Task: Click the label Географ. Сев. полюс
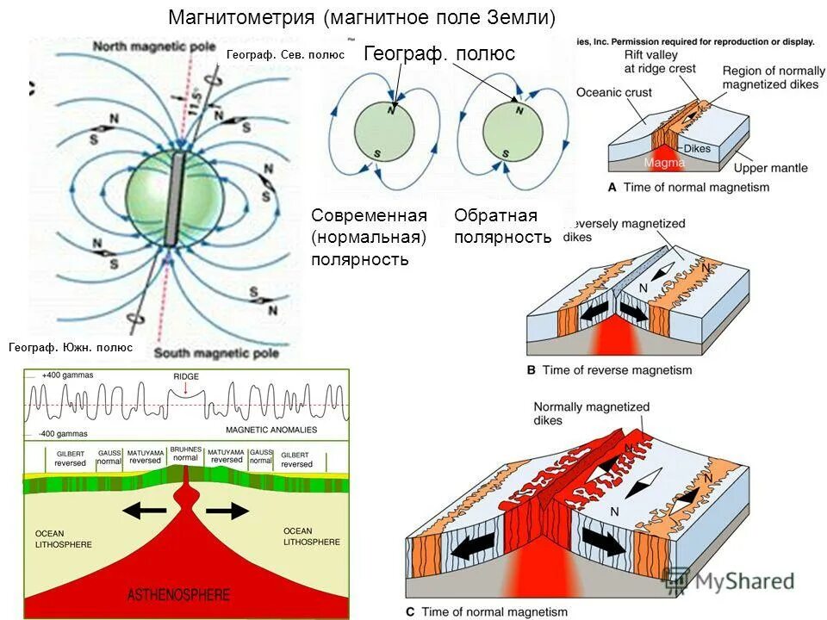[x=284, y=55]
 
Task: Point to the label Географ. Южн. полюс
[x=71, y=348]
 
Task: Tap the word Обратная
[x=495, y=215]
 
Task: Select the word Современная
[x=370, y=215]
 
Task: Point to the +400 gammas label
[x=68, y=375]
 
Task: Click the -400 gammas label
[x=67, y=432]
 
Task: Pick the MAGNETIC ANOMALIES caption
[x=271, y=429]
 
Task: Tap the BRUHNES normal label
[x=185, y=455]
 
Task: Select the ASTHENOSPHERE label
[x=178, y=594]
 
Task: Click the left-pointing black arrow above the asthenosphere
[x=144, y=511]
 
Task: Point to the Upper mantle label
[x=772, y=169]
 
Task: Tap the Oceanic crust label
[x=614, y=93]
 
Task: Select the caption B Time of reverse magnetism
[x=609, y=370]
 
